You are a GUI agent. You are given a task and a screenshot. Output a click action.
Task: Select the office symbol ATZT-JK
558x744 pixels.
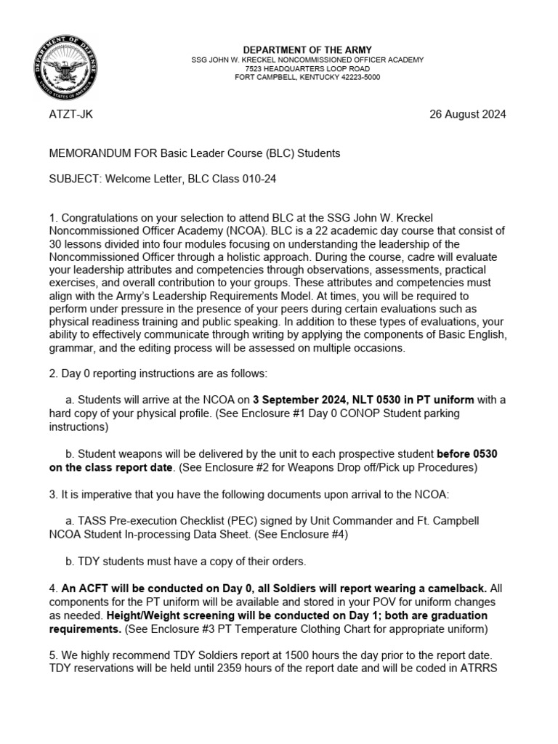[x=70, y=115]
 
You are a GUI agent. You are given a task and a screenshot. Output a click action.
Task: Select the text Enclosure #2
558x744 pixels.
[x=226, y=468]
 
